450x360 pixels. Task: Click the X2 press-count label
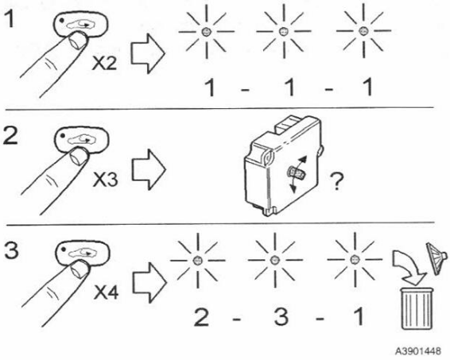pos(104,64)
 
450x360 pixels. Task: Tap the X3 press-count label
pos(105,180)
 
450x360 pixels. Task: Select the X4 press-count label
pos(107,292)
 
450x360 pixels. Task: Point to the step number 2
pos(11,136)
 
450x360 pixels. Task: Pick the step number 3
pos(12,250)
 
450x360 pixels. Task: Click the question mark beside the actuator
pos(336,181)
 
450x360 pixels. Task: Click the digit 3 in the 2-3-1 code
pos(281,316)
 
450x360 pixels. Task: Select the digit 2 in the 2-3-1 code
pos(201,316)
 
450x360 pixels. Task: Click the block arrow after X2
pos(148,53)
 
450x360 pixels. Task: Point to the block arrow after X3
pos(149,169)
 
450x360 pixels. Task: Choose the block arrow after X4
pos(149,283)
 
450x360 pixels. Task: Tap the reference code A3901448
pos(418,351)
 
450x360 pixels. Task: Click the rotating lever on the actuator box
pos(296,173)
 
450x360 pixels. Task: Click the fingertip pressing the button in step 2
pos(79,157)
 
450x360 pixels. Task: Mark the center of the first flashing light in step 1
pos(206,31)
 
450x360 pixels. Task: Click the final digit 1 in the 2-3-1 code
pos(359,316)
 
